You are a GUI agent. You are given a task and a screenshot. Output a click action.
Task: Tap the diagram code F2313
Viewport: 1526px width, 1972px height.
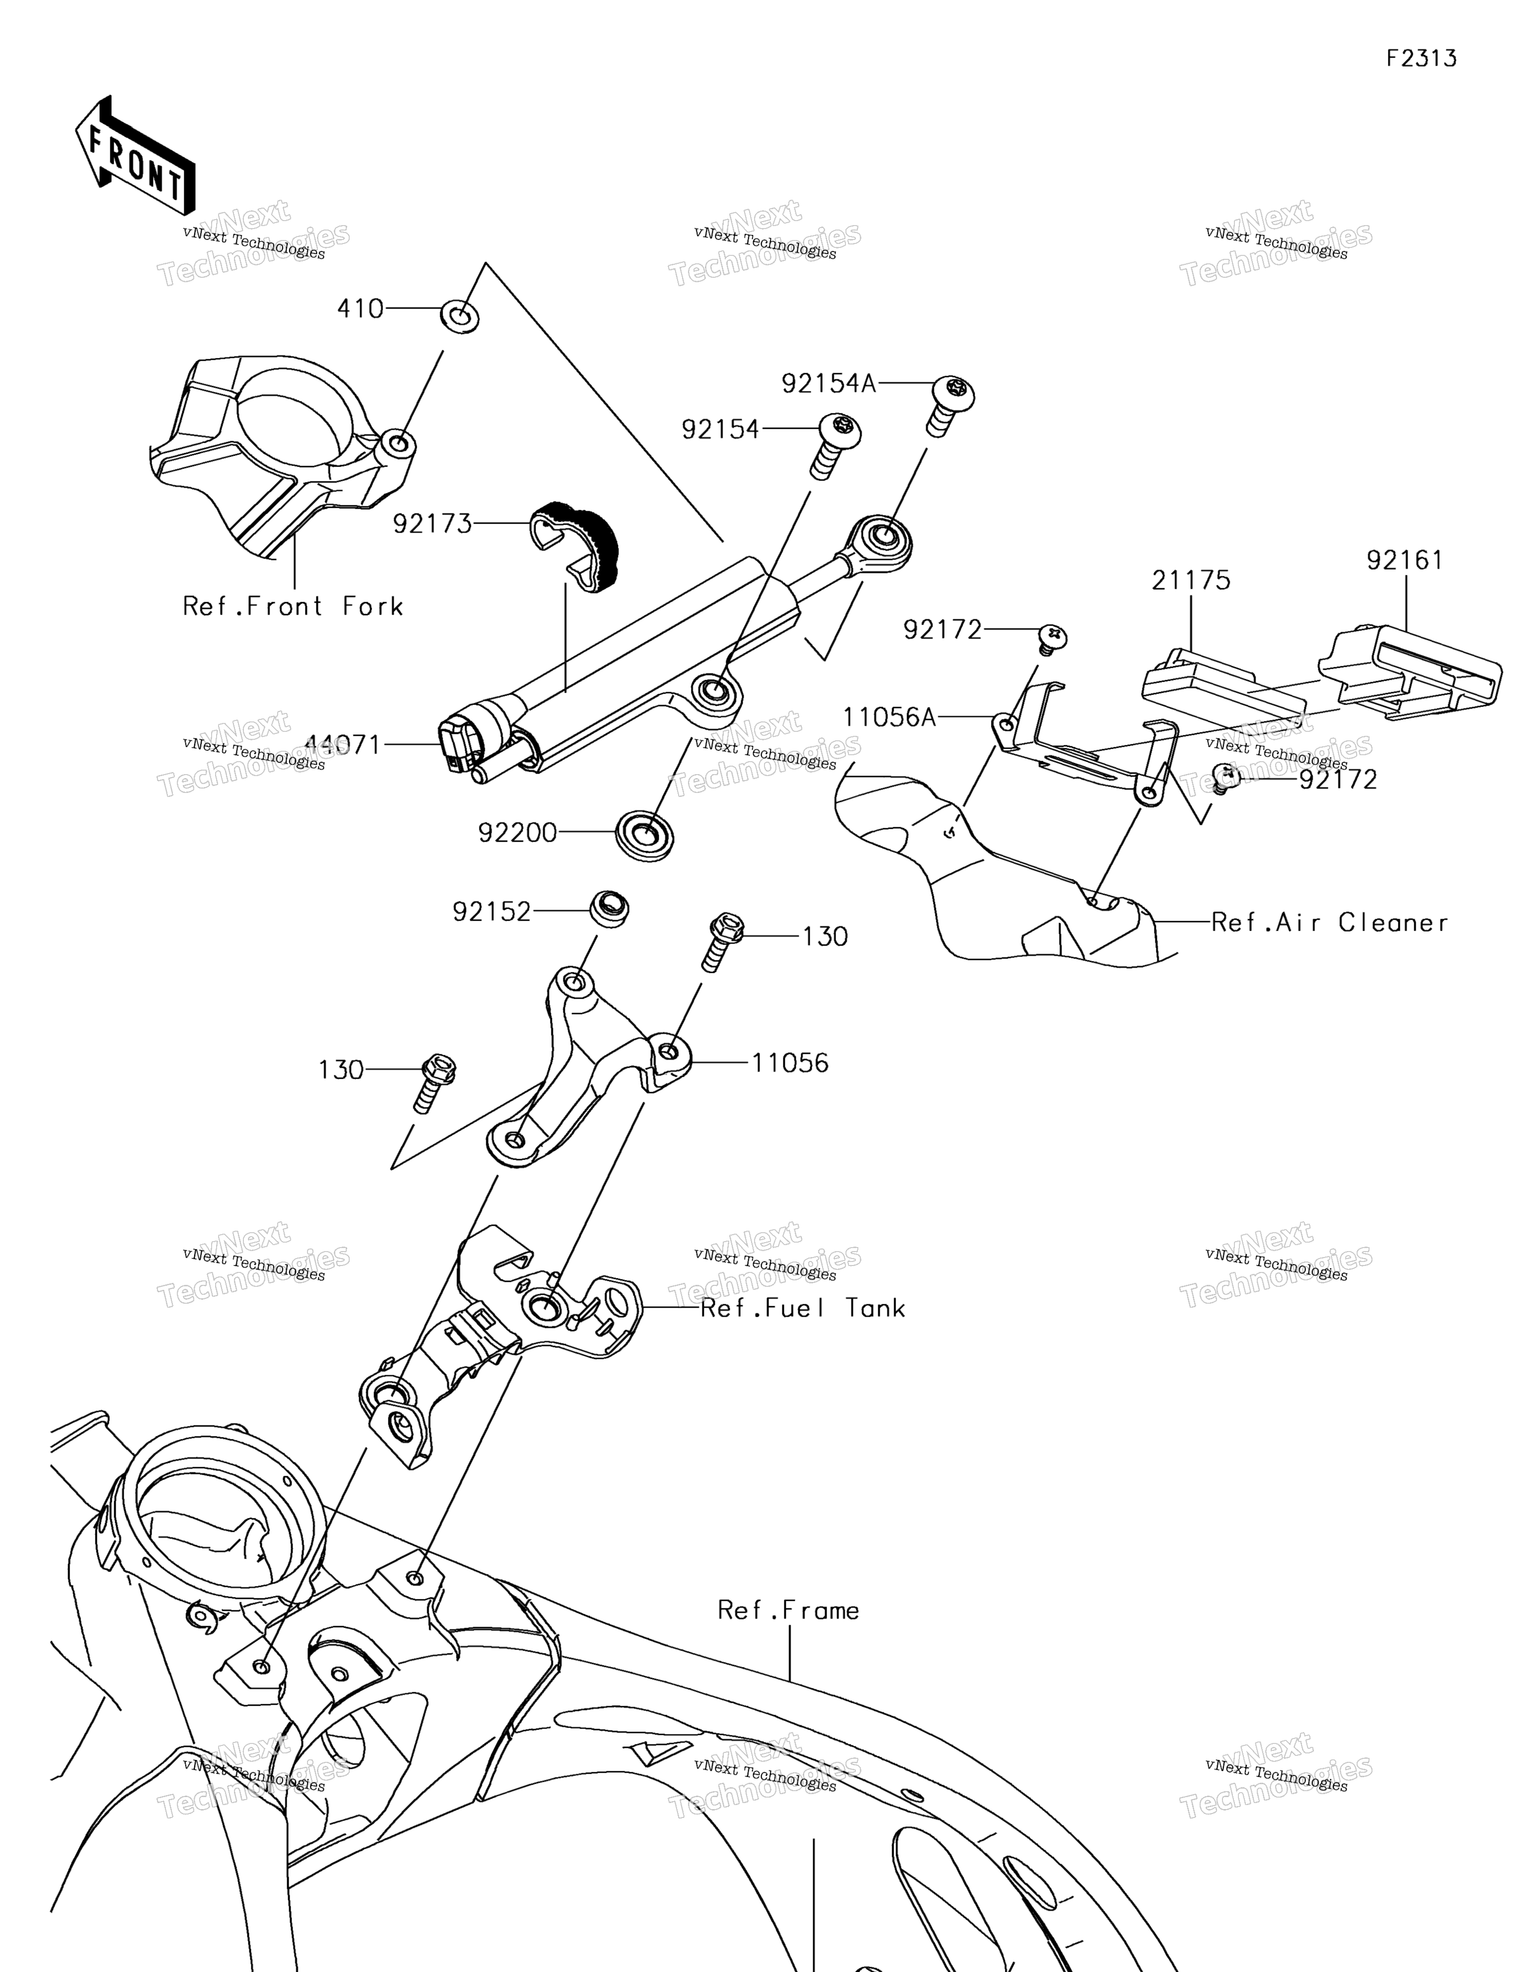(x=1421, y=59)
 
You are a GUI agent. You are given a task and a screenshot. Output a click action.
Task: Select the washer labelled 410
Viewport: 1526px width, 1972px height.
(x=459, y=317)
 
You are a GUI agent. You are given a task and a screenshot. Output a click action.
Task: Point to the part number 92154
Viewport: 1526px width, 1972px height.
(x=720, y=430)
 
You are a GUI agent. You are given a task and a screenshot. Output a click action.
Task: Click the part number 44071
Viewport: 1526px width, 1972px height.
(x=343, y=745)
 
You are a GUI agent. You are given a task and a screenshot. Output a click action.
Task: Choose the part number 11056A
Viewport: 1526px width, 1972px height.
(x=889, y=718)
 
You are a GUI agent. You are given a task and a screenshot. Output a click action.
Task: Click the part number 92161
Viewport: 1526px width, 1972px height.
(x=1405, y=561)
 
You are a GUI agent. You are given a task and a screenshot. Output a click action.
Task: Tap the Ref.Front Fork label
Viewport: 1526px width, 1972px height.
(x=293, y=606)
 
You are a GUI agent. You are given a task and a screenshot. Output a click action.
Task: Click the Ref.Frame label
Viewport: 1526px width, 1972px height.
(x=788, y=1610)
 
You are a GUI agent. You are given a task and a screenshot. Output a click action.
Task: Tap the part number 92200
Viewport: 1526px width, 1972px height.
(x=518, y=833)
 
